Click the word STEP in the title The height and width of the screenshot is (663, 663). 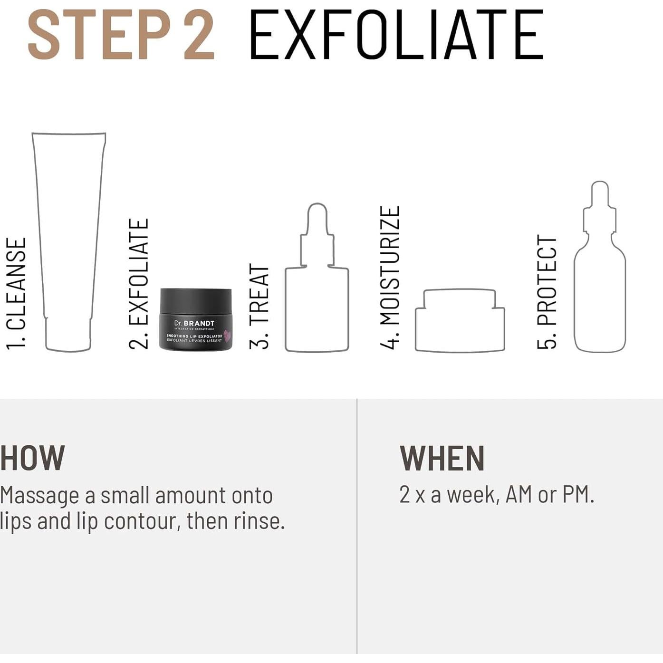point(99,36)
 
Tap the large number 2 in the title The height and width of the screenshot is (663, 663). point(199,36)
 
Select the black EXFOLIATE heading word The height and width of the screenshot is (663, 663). point(396,36)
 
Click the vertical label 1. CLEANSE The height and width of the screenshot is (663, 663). point(16,294)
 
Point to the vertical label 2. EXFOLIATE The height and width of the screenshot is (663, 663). point(139,284)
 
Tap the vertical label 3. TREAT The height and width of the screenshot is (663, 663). point(259,307)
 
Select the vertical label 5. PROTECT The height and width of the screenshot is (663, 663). point(547,292)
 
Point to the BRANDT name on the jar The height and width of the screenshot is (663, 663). point(199,323)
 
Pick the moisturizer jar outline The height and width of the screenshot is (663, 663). point(460,323)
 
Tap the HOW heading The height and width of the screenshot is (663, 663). point(32,458)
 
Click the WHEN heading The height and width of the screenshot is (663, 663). point(442,458)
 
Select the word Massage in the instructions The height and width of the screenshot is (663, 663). point(39,496)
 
